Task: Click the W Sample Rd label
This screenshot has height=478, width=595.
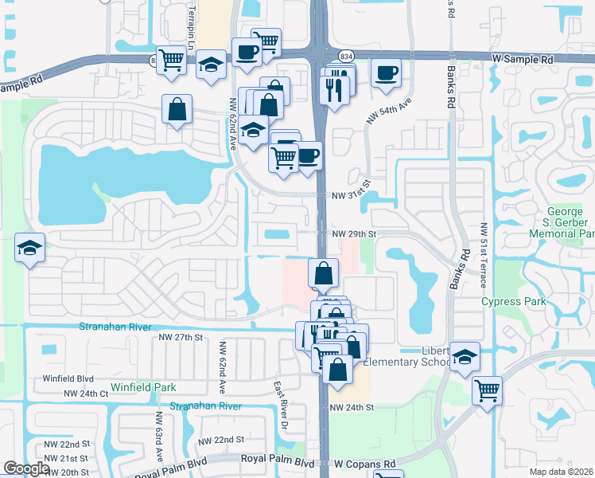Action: [522, 59]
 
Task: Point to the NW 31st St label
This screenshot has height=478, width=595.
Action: [351, 194]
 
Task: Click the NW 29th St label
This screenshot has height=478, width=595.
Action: [352, 233]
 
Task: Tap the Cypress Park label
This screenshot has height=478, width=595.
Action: [514, 302]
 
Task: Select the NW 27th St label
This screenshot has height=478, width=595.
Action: [181, 338]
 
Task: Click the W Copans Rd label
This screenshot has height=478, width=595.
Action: [364, 463]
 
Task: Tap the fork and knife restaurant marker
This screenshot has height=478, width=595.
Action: [334, 88]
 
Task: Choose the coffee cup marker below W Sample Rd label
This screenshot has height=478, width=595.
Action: [386, 72]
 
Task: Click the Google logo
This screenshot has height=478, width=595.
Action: [27, 469]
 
